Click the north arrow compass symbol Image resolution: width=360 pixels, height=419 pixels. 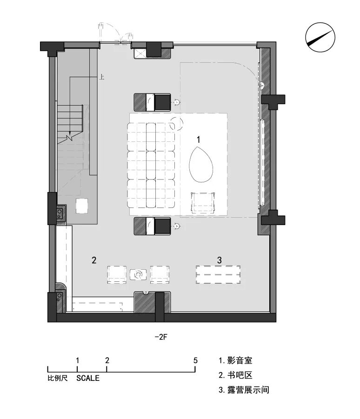point(320,37)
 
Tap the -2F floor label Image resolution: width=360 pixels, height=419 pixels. point(160,337)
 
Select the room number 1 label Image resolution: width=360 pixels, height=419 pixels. point(198,140)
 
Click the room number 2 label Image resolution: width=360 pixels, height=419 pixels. point(94,260)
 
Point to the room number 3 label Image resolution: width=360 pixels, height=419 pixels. point(219,260)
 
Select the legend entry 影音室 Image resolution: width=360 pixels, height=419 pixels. point(240,360)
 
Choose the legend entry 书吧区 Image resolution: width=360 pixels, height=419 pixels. point(240,375)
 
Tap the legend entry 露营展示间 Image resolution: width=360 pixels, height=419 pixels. point(248,390)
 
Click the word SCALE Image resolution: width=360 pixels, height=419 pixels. point(87,378)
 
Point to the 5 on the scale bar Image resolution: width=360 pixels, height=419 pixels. point(195,360)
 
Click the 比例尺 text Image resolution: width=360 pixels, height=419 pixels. point(58,378)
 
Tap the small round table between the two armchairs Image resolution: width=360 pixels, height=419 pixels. point(138,274)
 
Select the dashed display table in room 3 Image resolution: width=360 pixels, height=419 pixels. point(218,274)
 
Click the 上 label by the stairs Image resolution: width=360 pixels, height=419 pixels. point(101,77)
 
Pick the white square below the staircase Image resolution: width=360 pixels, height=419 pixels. point(82,206)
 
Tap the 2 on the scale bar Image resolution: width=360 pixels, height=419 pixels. point(107,360)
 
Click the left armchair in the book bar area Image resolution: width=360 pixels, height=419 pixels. point(117,274)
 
